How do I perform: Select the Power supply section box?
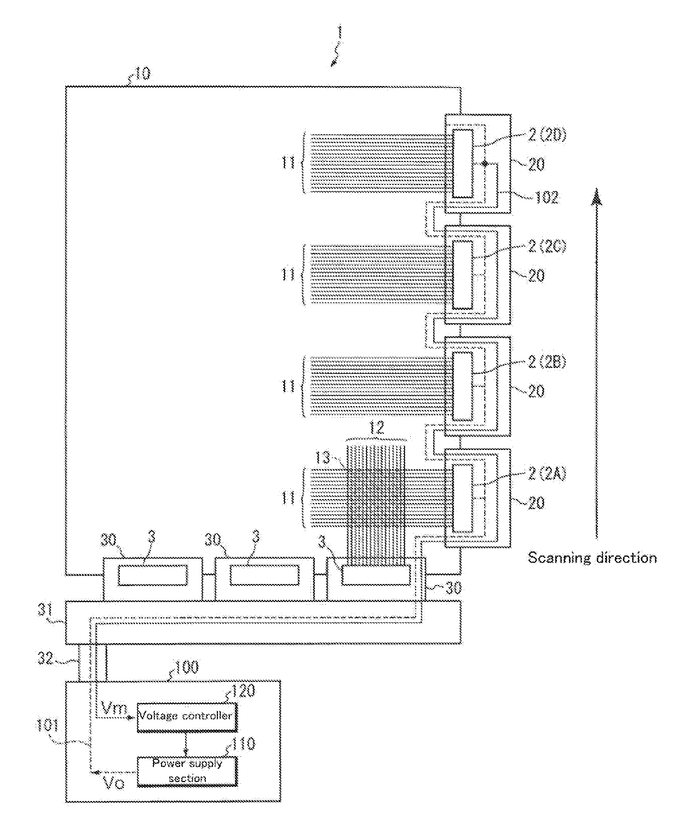coord(187,771)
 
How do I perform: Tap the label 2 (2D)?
coord(546,136)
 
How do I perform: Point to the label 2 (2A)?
coord(546,473)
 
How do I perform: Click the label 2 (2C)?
coord(546,247)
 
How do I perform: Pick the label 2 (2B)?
coord(546,362)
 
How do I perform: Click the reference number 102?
coord(546,198)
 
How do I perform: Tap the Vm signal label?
coord(114,709)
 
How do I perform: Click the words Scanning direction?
coord(592,558)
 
